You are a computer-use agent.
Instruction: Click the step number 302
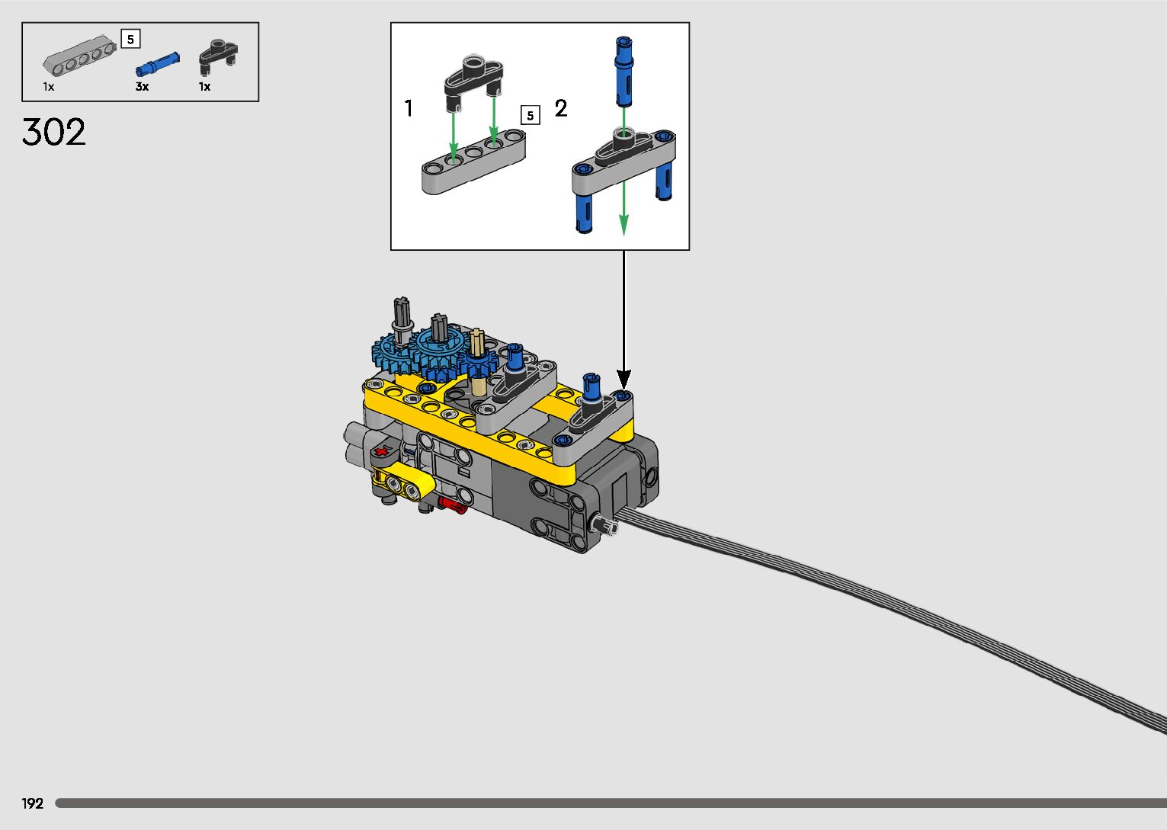point(54,133)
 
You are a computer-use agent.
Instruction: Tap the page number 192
point(33,803)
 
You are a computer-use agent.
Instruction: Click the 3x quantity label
point(142,87)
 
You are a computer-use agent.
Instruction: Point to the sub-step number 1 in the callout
point(409,109)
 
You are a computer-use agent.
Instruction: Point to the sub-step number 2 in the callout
point(561,109)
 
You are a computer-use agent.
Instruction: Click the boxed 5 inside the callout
point(530,115)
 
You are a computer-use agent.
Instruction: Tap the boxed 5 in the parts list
point(130,39)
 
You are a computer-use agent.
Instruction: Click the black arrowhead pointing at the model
point(624,379)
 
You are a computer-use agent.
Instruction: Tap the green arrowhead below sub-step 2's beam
point(624,225)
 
